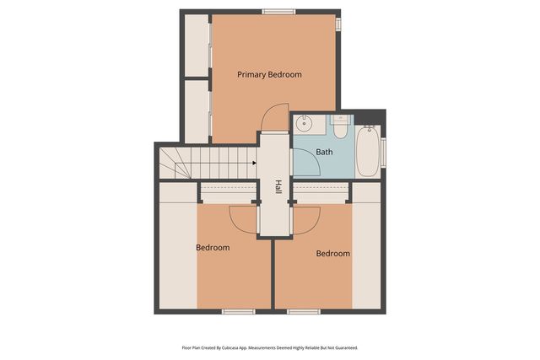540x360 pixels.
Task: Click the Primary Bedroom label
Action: click(x=269, y=75)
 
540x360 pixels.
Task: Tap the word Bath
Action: click(x=324, y=153)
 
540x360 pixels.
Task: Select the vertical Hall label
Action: click(x=278, y=187)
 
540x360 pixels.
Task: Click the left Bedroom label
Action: click(x=213, y=248)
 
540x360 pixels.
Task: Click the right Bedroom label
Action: click(x=332, y=254)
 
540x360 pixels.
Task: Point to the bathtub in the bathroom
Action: click(x=367, y=151)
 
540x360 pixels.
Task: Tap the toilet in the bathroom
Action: click(x=340, y=128)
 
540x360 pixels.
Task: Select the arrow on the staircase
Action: click(x=252, y=164)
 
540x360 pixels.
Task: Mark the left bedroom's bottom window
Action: click(x=238, y=312)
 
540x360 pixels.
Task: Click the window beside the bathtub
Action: click(x=383, y=152)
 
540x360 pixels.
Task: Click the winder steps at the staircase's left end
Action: click(x=172, y=162)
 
